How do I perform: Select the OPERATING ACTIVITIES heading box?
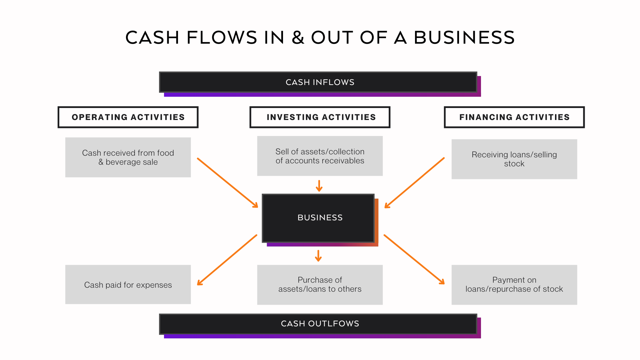click(x=128, y=117)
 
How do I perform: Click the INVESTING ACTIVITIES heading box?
click(x=320, y=117)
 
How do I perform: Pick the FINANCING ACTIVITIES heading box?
click(x=514, y=117)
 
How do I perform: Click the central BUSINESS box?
click(x=318, y=218)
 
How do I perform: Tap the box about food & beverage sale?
click(x=128, y=157)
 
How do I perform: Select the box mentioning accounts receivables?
click(x=320, y=156)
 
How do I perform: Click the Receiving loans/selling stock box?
click(x=514, y=159)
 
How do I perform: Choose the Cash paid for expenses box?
click(x=128, y=285)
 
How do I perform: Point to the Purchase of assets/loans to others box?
click(x=320, y=285)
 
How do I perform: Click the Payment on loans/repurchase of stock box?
click(x=514, y=285)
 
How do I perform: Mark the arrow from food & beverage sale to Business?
click(x=228, y=183)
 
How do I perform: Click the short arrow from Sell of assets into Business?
click(x=319, y=186)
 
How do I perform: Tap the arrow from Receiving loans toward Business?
click(x=414, y=183)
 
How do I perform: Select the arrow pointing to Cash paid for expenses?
click(x=227, y=260)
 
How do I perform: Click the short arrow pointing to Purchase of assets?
click(x=318, y=256)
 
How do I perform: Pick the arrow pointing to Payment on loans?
click(x=414, y=259)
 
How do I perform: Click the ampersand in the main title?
click(x=298, y=37)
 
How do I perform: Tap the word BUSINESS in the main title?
click(x=464, y=37)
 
